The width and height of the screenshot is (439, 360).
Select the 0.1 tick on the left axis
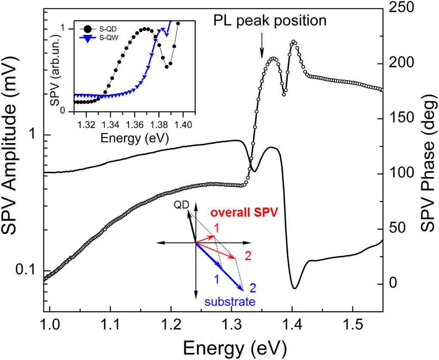[x=27, y=271]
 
